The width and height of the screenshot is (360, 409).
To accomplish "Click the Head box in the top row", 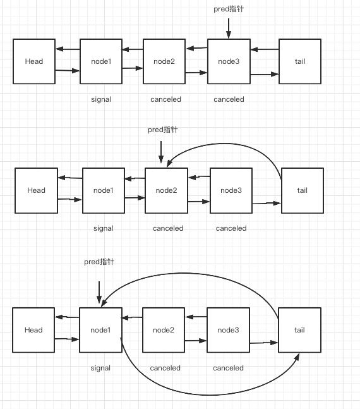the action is click(34, 61).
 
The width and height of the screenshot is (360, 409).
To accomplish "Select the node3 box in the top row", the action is click(229, 61).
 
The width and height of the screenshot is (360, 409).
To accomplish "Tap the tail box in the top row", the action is click(300, 61).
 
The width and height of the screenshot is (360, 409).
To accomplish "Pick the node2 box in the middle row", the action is click(166, 190).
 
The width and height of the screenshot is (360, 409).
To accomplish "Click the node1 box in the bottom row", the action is click(100, 330).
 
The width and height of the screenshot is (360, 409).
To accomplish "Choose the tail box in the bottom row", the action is click(299, 330).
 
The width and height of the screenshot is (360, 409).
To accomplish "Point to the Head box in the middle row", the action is click(36, 190).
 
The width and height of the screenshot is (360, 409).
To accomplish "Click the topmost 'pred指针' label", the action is click(229, 9).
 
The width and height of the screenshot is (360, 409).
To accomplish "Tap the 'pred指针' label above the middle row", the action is click(163, 130).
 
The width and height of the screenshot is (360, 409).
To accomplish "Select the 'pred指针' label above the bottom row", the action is click(99, 262).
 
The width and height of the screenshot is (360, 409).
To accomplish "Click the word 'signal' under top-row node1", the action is click(101, 99).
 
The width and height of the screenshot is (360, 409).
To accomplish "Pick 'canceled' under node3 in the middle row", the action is click(231, 228).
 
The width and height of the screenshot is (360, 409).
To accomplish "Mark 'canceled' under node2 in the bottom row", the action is click(165, 368).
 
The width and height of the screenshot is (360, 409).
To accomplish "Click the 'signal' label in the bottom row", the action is click(100, 368).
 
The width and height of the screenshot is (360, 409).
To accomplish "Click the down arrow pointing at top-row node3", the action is click(229, 28).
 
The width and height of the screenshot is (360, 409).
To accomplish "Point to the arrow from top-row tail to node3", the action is click(265, 49).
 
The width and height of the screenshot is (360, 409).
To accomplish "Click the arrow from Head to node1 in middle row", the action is click(69, 200).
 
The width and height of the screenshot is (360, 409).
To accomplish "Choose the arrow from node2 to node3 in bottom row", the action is click(196, 341).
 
